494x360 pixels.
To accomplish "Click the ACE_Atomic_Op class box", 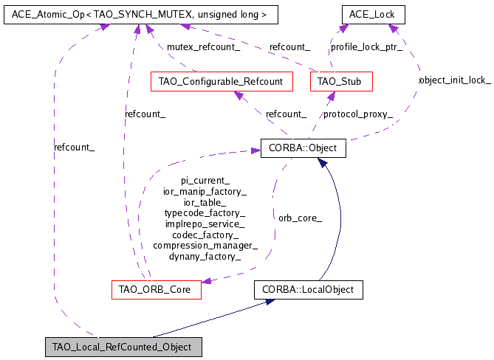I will [x=130, y=14].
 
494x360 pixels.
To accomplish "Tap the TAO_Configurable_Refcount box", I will [x=221, y=81].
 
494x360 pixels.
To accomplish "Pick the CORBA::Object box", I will [x=303, y=148].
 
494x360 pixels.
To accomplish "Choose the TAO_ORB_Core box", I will [x=155, y=290].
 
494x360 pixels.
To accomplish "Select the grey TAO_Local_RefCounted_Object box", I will [x=122, y=347].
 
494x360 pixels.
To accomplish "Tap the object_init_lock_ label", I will [x=454, y=80].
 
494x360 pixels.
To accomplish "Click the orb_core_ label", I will [x=300, y=218].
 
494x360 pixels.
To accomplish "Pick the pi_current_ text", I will [x=205, y=180].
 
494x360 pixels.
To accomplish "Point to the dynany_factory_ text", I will [x=205, y=257].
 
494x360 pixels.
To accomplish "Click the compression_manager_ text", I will [x=205, y=246].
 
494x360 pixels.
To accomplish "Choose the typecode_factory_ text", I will [x=205, y=212].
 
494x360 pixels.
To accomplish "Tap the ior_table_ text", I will [x=205, y=201].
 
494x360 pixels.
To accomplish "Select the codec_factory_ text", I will [x=205, y=235].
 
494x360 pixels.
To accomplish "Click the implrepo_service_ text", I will [x=205, y=224].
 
